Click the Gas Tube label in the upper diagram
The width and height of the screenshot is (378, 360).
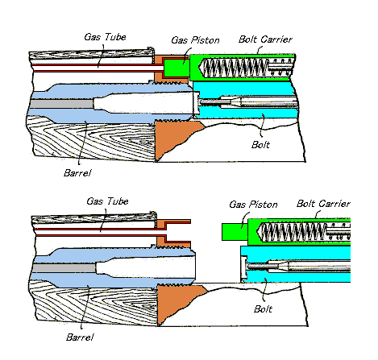coord(105,37)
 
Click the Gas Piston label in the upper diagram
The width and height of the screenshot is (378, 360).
coord(195,40)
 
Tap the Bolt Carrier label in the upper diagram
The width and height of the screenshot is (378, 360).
coord(265,39)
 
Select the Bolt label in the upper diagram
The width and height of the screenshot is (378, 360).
coord(260,145)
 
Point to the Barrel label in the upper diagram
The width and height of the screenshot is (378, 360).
coord(77,173)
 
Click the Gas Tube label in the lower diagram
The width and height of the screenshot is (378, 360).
coord(107,201)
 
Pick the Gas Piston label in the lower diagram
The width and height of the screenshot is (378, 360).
coord(253,205)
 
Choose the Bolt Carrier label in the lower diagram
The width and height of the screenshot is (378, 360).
coord(323,204)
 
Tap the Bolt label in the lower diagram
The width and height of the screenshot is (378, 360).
coord(263,309)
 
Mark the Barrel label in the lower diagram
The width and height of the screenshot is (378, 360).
coord(80,337)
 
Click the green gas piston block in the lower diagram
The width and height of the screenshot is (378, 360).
coord(235,232)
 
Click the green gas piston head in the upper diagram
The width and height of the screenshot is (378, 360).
coord(176,68)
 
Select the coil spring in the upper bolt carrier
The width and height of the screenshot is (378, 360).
coord(235,68)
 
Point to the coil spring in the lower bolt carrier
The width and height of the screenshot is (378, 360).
coord(293,231)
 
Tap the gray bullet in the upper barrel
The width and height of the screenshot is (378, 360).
coord(62,104)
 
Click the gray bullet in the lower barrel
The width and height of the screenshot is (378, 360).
coord(64,268)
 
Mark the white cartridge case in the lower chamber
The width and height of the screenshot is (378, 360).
coord(146,267)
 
